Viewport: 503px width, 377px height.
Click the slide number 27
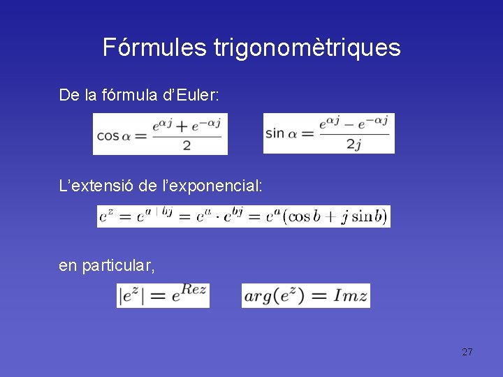[467, 352]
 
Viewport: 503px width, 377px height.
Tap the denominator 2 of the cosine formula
[187, 145]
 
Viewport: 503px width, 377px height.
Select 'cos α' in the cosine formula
[114, 137]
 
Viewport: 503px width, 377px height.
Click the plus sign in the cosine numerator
[185, 126]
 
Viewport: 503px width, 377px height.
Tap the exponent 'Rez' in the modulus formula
[193, 290]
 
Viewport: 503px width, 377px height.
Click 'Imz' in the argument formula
[347, 296]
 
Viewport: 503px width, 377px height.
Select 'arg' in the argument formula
[257, 297]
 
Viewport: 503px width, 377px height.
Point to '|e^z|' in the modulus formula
[132, 296]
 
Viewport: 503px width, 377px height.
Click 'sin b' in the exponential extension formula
[363, 217]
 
